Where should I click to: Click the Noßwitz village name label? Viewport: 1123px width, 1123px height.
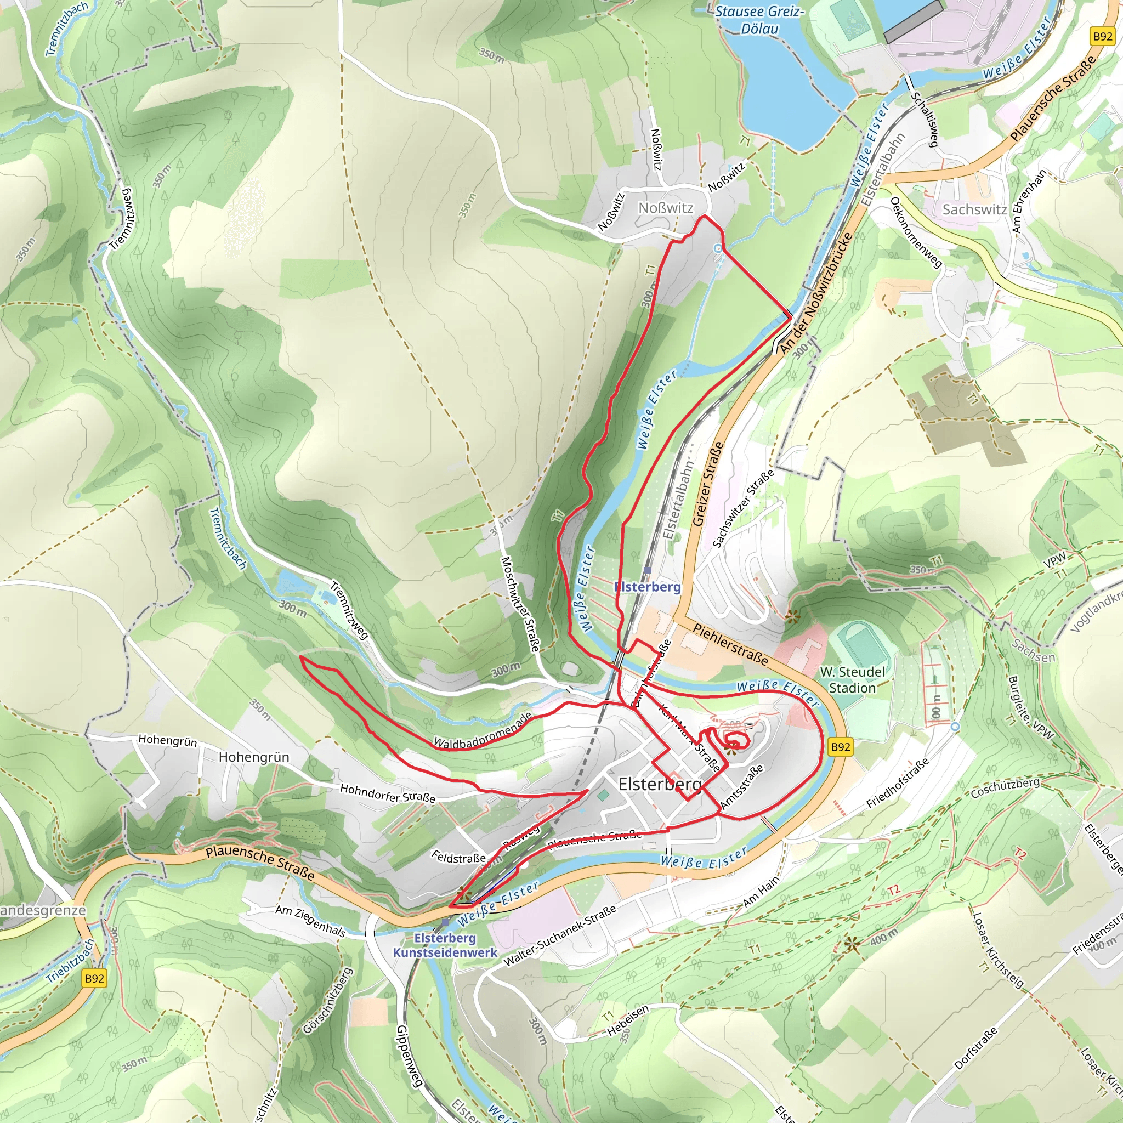(666, 208)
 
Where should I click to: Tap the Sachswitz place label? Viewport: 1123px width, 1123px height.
(974, 209)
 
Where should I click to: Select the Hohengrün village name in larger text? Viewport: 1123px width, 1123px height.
(253, 757)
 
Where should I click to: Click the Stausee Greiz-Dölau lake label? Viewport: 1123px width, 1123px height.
(759, 20)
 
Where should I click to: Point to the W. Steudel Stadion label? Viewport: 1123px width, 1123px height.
(852, 679)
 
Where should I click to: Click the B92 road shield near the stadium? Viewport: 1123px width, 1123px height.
(840, 747)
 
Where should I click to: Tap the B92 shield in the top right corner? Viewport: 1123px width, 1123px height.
(1102, 37)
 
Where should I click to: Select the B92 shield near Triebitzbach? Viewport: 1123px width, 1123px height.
(94, 978)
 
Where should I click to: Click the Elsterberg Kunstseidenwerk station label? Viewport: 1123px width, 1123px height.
(445, 945)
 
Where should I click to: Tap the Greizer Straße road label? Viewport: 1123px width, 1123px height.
(708, 484)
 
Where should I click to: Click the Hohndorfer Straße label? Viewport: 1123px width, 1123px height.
(387, 793)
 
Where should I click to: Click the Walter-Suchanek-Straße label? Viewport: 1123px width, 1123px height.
(559, 936)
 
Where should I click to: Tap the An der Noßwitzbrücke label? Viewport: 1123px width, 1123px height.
(815, 293)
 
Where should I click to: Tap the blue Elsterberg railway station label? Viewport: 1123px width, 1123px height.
(647, 587)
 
